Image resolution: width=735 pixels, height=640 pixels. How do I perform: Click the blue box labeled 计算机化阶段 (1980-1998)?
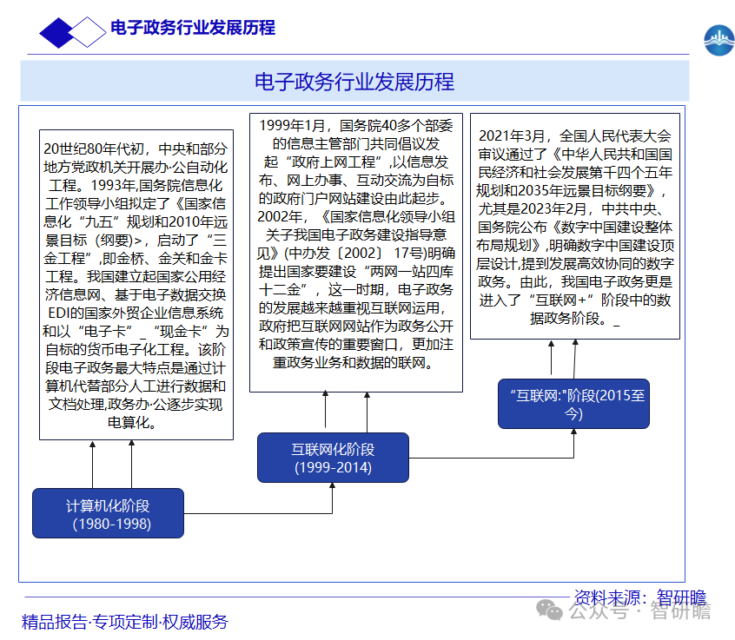pyautogui.click(x=108, y=513)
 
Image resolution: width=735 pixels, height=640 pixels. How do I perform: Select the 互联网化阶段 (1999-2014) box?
pyautogui.click(x=333, y=458)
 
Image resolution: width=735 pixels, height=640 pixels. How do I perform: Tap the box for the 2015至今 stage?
pyautogui.click(x=573, y=404)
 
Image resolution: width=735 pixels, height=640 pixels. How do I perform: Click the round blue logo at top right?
pyautogui.click(x=718, y=40)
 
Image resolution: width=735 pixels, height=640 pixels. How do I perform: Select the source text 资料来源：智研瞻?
pyautogui.click(x=640, y=597)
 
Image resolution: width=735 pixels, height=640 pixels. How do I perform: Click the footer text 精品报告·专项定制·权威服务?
pyautogui.click(x=125, y=622)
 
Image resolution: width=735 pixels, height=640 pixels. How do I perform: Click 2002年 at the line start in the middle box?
pyautogui.click(x=280, y=216)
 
